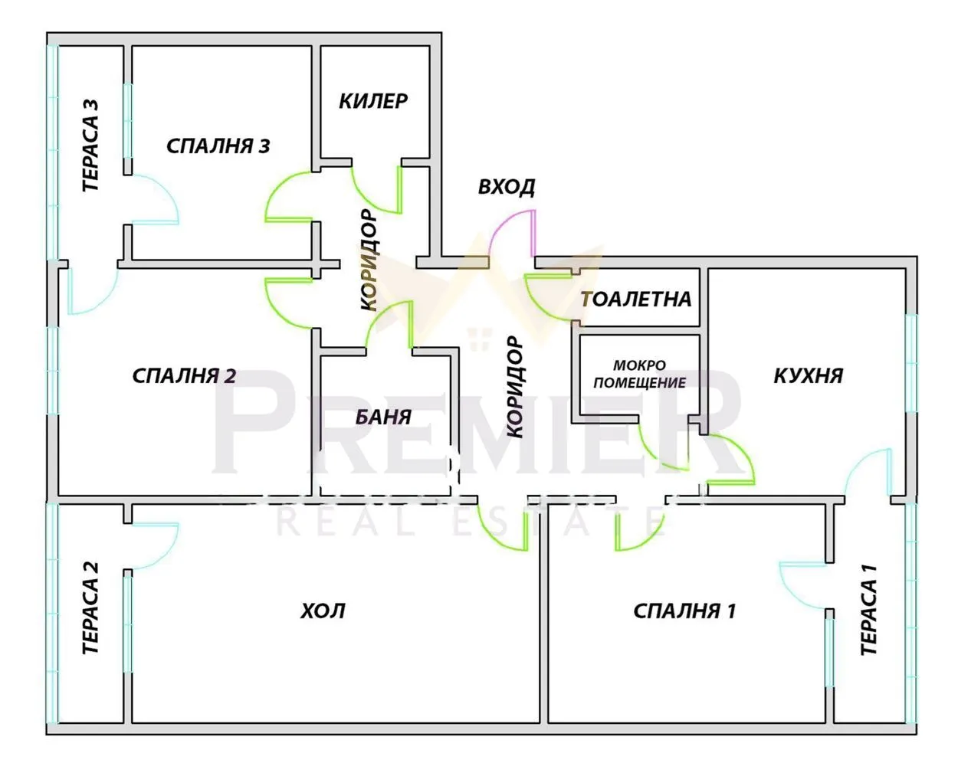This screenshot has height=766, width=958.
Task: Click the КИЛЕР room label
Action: point(373,101)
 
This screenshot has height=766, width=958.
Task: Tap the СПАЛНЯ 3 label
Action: point(218,146)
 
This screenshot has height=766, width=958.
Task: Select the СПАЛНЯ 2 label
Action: point(184,376)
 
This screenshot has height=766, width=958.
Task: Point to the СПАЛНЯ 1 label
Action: point(684,611)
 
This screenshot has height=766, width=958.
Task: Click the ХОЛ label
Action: point(323,611)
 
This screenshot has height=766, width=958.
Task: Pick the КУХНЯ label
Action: point(808,375)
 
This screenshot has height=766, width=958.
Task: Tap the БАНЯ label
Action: point(383,417)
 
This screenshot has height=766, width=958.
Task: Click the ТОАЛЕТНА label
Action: point(636,299)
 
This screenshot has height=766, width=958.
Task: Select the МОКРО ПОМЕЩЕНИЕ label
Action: point(640,374)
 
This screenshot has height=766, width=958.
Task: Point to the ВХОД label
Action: point(507,187)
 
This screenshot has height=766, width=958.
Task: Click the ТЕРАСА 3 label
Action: point(90,146)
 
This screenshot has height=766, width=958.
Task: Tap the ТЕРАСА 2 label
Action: point(90,608)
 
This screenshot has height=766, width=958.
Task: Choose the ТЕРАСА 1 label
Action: point(868,610)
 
